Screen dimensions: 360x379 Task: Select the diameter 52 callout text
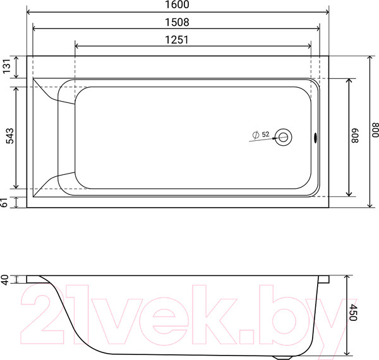pos(261,135)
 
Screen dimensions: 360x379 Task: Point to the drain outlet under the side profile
pos(283,356)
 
